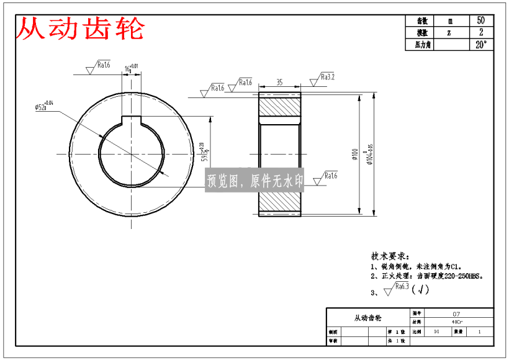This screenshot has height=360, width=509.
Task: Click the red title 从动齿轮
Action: (x=80, y=29)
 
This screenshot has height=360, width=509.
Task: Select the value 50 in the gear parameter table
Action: (x=480, y=20)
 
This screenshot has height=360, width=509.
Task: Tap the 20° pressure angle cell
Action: (x=480, y=45)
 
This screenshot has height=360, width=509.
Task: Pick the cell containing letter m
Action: (x=450, y=20)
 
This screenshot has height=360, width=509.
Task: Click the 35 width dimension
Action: (x=279, y=82)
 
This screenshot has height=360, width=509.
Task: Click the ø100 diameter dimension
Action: (x=354, y=153)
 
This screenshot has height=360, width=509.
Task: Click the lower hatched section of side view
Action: (x=279, y=200)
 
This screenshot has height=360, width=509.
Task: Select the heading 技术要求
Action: (x=389, y=256)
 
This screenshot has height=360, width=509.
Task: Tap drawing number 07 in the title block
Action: (x=456, y=314)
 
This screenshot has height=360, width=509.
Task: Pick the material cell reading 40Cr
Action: (x=456, y=322)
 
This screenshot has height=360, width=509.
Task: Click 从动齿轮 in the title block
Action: (x=367, y=318)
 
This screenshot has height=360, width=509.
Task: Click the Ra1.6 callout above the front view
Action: (x=103, y=65)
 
